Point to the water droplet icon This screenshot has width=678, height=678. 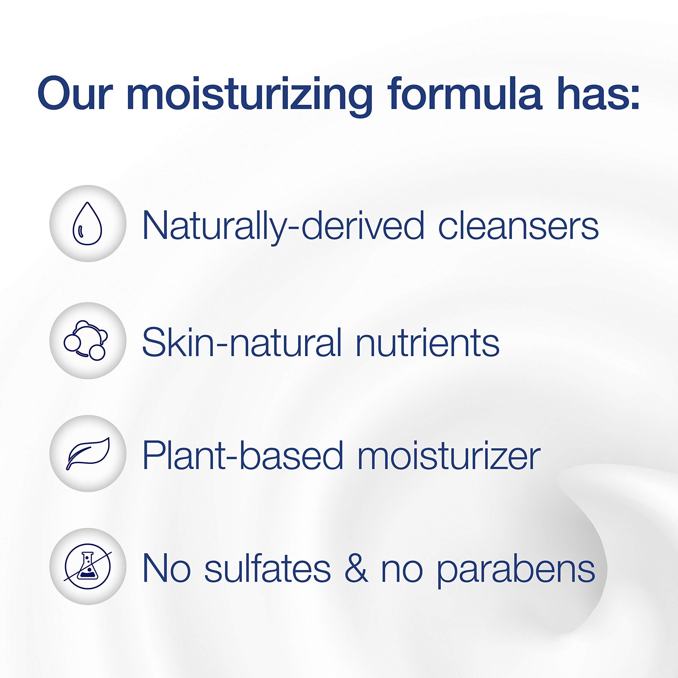coord(87,224)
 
